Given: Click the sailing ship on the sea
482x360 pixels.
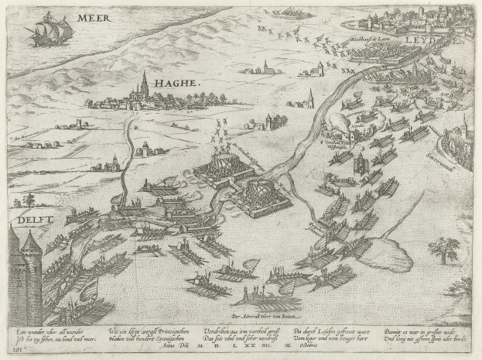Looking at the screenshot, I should (50, 31).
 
